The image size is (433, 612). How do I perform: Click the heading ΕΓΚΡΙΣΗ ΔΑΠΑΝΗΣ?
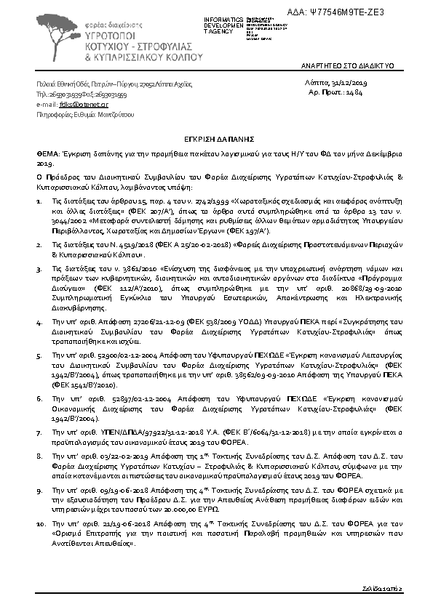[216, 136]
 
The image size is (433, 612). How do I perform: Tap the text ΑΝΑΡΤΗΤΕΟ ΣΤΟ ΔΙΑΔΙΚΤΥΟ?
[348, 65]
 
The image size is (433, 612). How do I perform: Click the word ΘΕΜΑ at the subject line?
[49, 155]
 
